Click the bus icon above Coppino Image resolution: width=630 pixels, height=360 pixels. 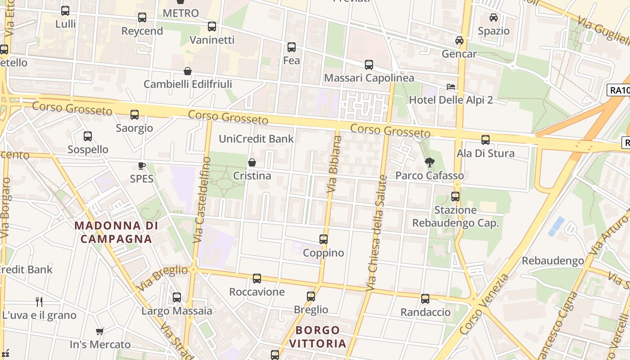324,239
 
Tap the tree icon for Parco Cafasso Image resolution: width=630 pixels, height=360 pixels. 430,162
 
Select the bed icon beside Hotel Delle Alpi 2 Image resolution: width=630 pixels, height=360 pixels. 451,86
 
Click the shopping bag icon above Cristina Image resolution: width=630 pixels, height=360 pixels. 252,162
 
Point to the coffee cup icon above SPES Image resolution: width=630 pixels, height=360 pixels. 142,166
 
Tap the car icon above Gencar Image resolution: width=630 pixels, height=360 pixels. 459,40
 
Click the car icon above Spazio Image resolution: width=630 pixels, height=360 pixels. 494,18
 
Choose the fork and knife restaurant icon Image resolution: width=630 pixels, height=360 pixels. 39,302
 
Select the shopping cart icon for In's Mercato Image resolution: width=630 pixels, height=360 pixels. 100,332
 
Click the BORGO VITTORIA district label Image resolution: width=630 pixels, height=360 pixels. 318,337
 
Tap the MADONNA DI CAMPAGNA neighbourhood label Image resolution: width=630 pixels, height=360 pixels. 116,232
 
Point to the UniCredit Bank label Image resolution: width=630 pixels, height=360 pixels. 256,139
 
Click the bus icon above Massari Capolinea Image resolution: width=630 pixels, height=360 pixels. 369,65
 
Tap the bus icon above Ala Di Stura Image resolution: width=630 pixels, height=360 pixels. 486,140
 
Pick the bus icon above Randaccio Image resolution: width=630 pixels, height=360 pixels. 425,299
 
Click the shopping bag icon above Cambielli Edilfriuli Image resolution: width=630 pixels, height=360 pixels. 188,71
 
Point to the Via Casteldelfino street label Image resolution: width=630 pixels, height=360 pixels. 201,200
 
